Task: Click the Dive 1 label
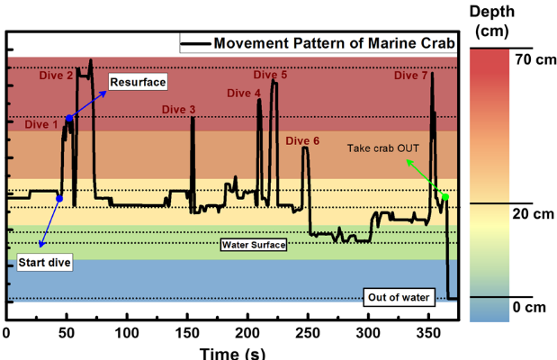point(41,124)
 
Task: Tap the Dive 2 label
point(57,76)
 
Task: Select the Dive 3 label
point(178,110)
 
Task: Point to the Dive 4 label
point(244,93)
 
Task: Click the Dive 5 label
point(270,76)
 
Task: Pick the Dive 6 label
point(302,141)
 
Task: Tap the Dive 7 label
point(410,76)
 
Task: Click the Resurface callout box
point(138,83)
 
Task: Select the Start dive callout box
point(43,263)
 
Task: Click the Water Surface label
point(253,244)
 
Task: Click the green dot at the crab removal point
point(445,197)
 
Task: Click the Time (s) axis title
point(232,352)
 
